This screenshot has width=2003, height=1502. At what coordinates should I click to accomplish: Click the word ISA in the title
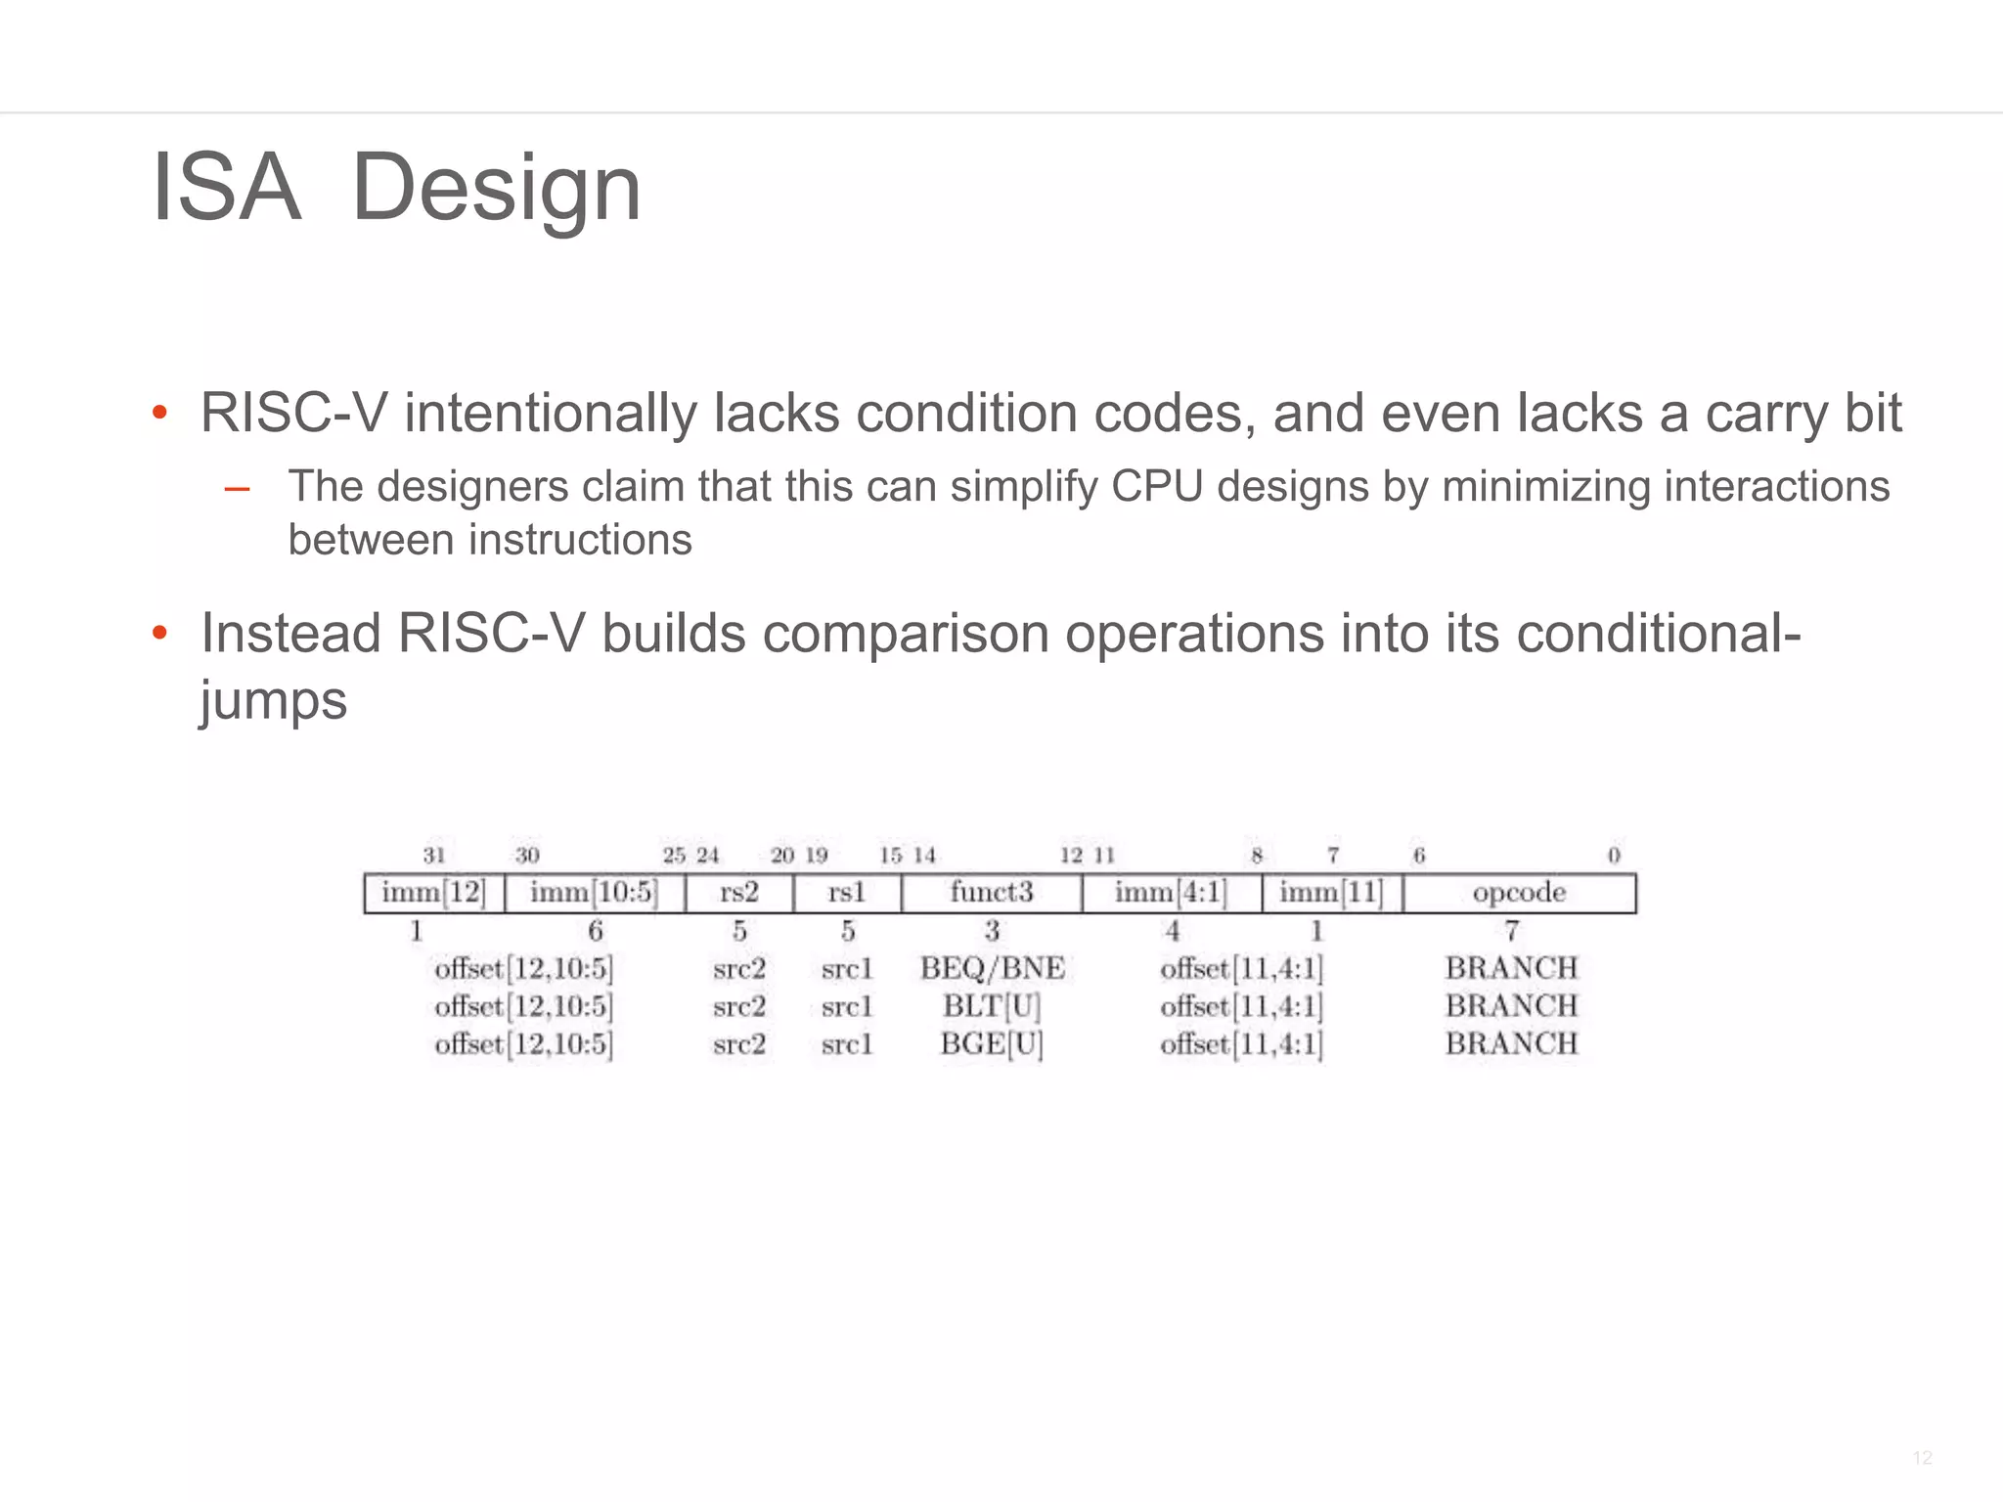(226, 188)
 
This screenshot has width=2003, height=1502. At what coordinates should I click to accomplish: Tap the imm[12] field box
(433, 893)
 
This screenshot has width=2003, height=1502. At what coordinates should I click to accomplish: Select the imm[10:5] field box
(594, 893)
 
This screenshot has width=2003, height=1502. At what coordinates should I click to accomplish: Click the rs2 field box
(739, 893)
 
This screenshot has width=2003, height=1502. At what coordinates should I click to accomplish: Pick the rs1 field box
(847, 893)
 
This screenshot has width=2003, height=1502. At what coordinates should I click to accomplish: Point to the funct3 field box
(991, 893)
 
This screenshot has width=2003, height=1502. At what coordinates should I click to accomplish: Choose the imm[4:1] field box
(1171, 893)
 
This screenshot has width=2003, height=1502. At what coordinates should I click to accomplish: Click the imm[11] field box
(1331, 893)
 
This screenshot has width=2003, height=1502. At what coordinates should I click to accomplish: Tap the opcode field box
(1519, 893)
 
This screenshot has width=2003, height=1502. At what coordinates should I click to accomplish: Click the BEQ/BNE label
(992, 968)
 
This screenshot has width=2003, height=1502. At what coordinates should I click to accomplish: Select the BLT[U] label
(992, 1006)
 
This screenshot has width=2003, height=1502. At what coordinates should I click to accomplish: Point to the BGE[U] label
(992, 1044)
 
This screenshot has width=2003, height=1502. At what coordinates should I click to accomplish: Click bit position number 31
(434, 856)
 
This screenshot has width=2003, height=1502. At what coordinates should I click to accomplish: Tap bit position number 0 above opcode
(1614, 856)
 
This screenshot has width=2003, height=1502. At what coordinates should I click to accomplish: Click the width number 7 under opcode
(1512, 930)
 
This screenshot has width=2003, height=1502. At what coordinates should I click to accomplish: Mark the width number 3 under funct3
(992, 930)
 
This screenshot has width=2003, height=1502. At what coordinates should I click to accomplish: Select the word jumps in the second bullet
(274, 701)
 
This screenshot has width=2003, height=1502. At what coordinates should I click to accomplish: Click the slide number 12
(1922, 1458)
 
